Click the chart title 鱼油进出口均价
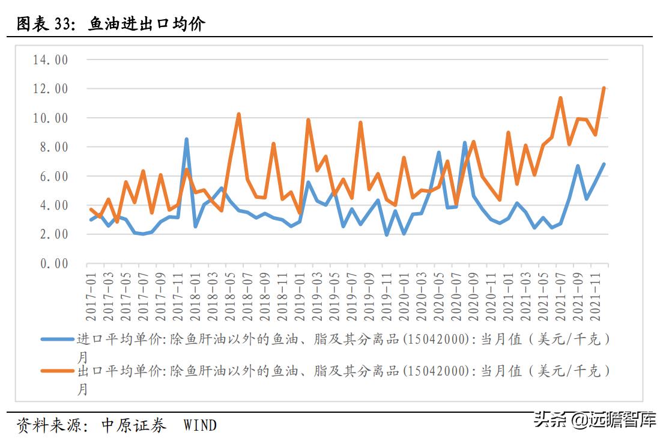[147, 24]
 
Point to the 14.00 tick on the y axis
[50, 60]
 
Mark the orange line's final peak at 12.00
[604, 88]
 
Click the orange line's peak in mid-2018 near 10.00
[238, 114]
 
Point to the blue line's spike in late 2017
[186, 139]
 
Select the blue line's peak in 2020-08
[465, 143]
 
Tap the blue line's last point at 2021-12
[604, 164]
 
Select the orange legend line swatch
[58, 371]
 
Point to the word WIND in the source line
[200, 426]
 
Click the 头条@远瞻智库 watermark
[595, 419]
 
